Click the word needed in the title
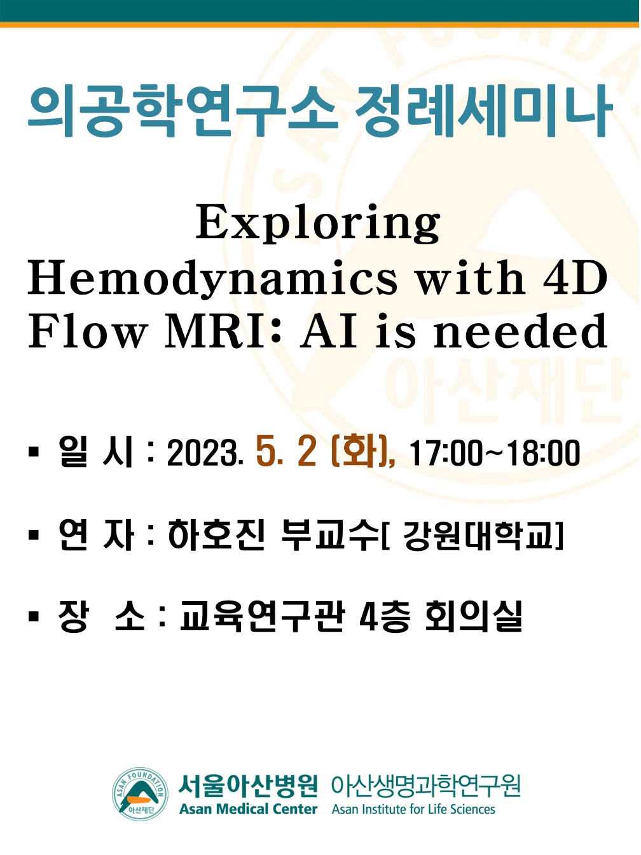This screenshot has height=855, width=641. pos(520,331)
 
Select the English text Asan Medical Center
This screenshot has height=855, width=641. pos(248,809)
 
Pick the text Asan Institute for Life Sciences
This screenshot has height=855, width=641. pos(413,809)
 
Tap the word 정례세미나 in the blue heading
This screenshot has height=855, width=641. pos(484,111)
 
